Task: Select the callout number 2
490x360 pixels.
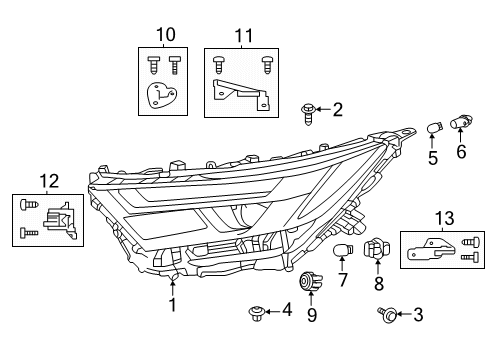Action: (338, 109)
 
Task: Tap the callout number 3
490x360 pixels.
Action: (418, 314)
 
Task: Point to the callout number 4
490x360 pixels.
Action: (287, 311)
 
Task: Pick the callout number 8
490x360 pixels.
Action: (378, 284)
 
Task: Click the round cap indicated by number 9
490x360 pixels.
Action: (311, 281)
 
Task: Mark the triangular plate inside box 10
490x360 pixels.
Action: (157, 96)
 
